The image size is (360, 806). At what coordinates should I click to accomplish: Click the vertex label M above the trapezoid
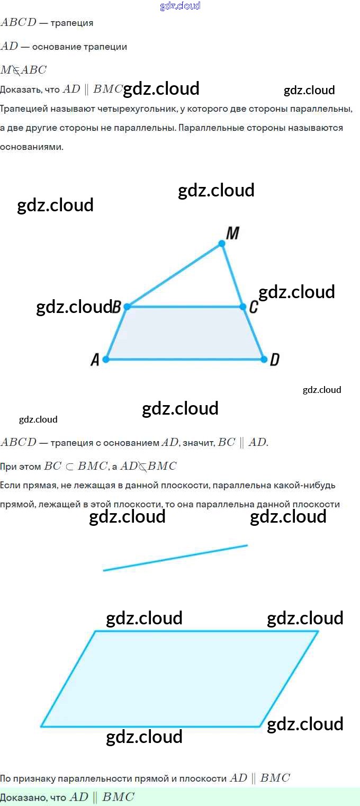click(x=232, y=233)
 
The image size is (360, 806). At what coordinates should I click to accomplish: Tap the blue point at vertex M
click(x=222, y=244)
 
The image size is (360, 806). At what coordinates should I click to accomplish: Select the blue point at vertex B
click(x=127, y=307)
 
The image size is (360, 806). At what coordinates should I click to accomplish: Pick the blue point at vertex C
click(x=242, y=307)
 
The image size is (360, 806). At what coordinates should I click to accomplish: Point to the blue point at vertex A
click(x=106, y=360)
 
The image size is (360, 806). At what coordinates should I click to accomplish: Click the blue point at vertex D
click(x=264, y=360)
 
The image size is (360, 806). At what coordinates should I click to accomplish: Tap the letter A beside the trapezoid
click(x=95, y=360)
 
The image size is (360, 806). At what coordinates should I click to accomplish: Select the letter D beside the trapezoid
click(x=274, y=360)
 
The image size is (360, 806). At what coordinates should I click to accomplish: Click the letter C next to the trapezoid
click(x=253, y=307)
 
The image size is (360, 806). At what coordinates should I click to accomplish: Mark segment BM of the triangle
click(x=174, y=275)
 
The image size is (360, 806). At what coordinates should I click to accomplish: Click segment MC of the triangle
click(x=232, y=275)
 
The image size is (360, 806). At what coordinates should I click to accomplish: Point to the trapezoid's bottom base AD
click(x=185, y=360)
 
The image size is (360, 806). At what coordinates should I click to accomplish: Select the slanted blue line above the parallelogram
click(x=175, y=558)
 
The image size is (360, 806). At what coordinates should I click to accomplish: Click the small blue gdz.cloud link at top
click(x=180, y=6)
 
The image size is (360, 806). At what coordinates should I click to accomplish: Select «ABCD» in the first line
click(x=19, y=23)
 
